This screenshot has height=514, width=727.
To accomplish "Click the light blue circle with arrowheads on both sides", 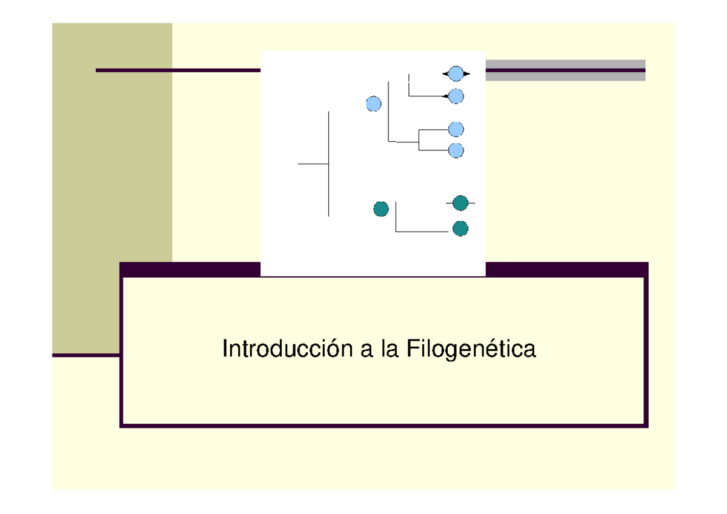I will tap(456, 74).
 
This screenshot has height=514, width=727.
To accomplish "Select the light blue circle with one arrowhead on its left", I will tap(456, 96).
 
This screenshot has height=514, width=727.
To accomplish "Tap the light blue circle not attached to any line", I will tap(374, 104).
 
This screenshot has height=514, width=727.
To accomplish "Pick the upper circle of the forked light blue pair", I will tap(456, 129).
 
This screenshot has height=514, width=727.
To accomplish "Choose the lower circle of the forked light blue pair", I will tap(456, 150).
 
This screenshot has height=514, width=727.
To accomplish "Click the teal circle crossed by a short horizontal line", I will tap(460, 203).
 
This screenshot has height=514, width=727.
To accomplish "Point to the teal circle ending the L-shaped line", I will tap(460, 229).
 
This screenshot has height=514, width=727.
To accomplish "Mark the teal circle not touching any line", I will tap(380, 209).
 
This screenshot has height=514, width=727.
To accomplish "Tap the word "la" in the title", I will tap(390, 350).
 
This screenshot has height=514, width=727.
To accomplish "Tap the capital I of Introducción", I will tap(225, 350).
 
